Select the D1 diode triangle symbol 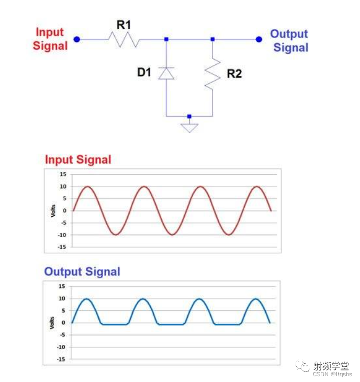pyautogui.click(x=166, y=73)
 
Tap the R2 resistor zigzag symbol pyautogui.click(x=212, y=73)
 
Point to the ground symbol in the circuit pyautogui.click(x=189, y=127)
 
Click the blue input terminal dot pyautogui.click(x=77, y=39)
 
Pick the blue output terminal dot pyautogui.click(x=258, y=39)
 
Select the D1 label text pyautogui.click(x=144, y=72)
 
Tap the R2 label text pyautogui.click(x=234, y=74)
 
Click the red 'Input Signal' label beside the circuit pyautogui.click(x=50, y=39)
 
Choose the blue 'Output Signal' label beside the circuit pyautogui.click(x=289, y=41)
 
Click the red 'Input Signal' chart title pyautogui.click(x=78, y=160)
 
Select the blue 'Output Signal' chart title pyautogui.click(x=82, y=272)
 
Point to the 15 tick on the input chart pyautogui.click(x=62, y=174)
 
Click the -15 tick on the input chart pyautogui.click(x=61, y=246)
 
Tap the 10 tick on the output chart pyautogui.click(x=62, y=298)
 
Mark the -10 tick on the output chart pyautogui.click(x=61, y=347)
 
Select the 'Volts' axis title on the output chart pyautogui.click(x=52, y=322)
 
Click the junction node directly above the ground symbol pyautogui.click(x=189, y=116)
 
